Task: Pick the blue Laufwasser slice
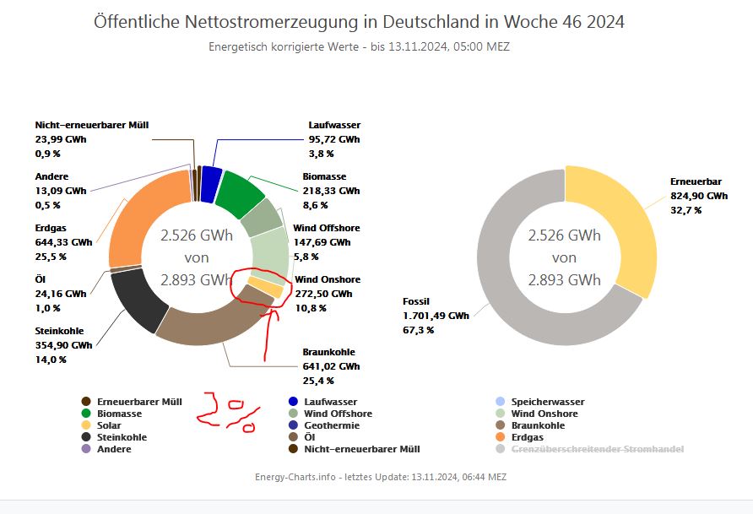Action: [211, 179]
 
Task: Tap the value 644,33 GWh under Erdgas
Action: [64, 241]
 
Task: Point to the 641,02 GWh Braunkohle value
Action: [331, 366]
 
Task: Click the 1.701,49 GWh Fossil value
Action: [436, 316]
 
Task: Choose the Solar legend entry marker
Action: [85, 425]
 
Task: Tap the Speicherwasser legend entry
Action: [548, 402]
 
